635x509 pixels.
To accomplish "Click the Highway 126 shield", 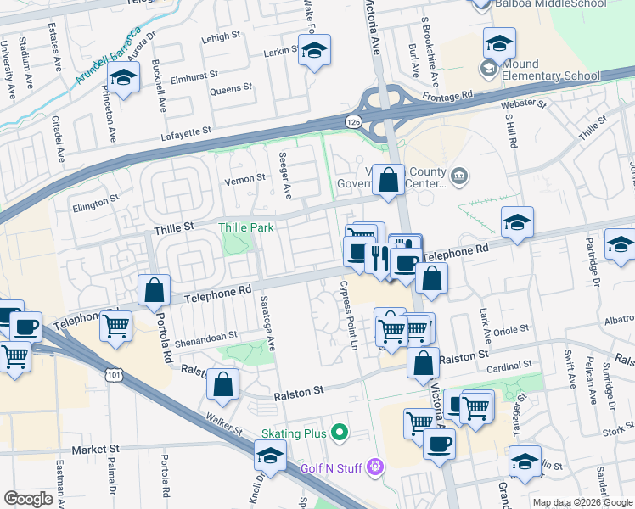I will click(x=352, y=123).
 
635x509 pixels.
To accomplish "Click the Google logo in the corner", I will click(x=28, y=499).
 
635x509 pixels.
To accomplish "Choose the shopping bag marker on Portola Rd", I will click(x=155, y=290).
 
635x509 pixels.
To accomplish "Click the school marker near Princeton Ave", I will click(x=125, y=79).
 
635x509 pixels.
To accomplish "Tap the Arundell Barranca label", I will click(x=108, y=56).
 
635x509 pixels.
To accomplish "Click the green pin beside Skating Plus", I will click(x=340, y=433).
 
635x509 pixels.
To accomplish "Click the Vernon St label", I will click(x=239, y=180).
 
